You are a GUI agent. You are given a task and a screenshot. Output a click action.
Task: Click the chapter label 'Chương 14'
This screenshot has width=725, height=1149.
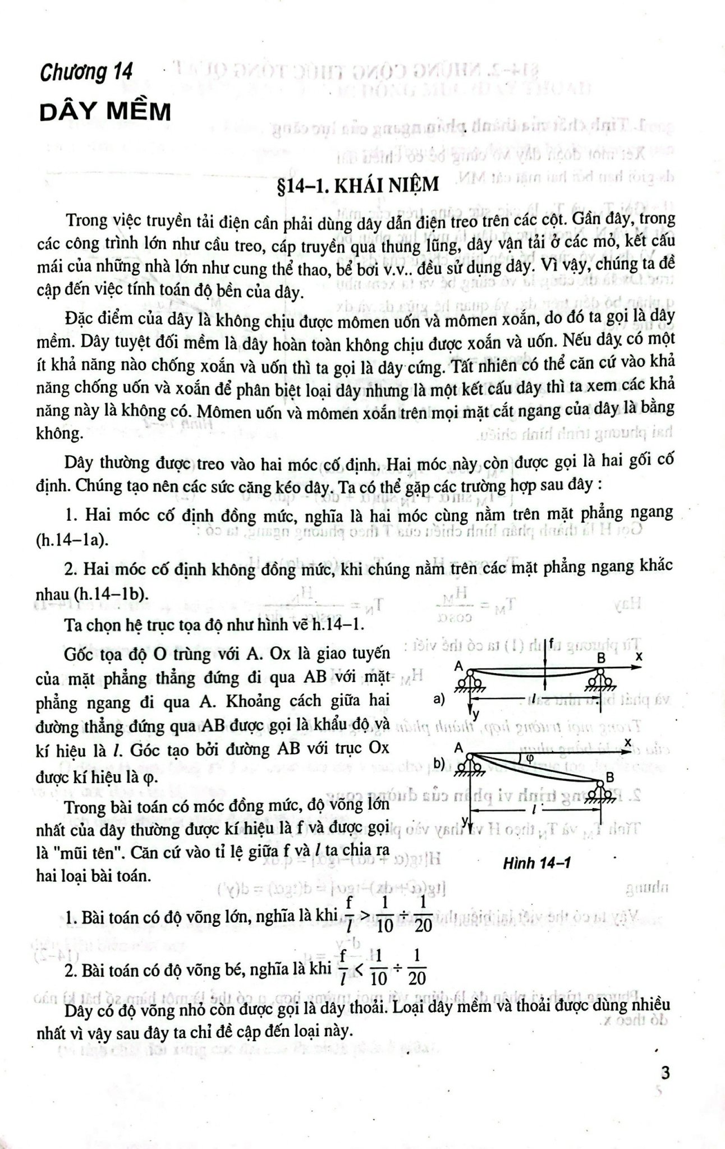(86, 73)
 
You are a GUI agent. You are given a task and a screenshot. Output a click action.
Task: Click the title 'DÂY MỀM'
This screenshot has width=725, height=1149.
(105, 113)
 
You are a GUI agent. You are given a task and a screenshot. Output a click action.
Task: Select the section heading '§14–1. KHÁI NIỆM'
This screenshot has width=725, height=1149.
(362, 185)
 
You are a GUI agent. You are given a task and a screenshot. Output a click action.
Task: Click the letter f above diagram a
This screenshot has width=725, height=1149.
(552, 643)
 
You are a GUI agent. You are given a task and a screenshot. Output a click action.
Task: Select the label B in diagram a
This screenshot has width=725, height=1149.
(601, 657)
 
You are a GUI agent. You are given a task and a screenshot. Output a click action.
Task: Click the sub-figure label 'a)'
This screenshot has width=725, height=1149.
(439, 699)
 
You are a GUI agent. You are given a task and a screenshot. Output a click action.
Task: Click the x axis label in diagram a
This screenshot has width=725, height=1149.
(639, 655)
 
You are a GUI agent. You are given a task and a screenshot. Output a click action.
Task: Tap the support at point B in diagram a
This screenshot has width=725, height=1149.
(601, 680)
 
